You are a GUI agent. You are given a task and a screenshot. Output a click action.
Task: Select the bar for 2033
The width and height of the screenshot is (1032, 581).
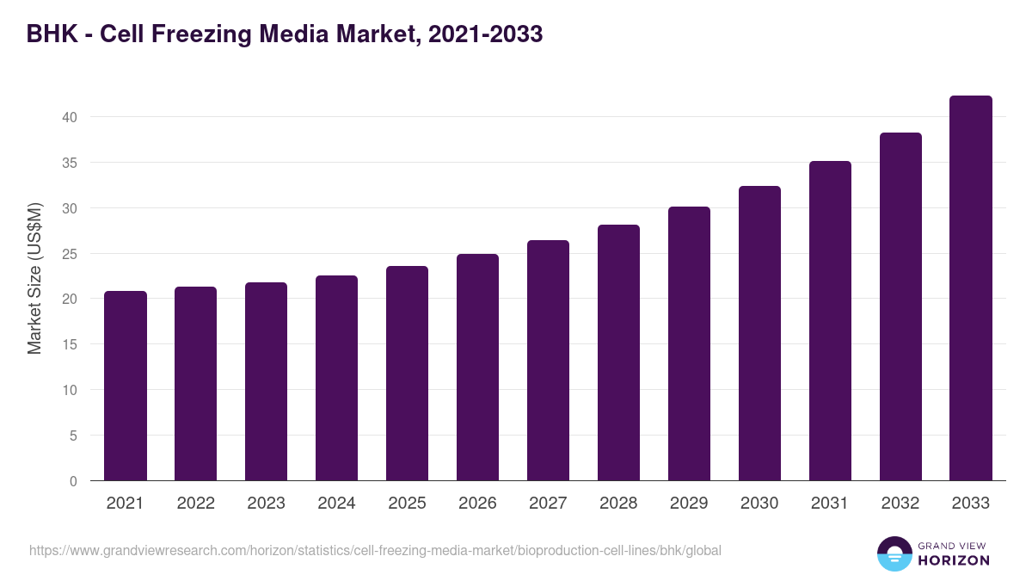pyautogui.click(x=971, y=288)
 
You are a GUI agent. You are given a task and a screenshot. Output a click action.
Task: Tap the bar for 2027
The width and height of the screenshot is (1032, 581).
pyautogui.click(x=548, y=361)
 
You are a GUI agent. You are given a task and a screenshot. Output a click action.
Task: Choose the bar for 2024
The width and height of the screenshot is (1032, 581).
pyautogui.click(x=336, y=378)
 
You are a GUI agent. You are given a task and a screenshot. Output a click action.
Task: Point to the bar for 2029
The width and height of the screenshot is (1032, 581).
pyautogui.click(x=689, y=343)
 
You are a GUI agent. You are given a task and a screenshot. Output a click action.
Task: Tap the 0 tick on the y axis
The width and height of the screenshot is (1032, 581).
pyautogui.click(x=74, y=481)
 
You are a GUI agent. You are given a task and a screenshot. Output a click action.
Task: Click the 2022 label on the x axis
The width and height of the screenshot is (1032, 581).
pyautogui.click(x=196, y=504)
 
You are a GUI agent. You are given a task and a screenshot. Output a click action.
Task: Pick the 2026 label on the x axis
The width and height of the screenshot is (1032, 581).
pyautogui.click(x=477, y=504)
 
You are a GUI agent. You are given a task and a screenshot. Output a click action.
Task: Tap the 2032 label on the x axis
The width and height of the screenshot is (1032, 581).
pyautogui.click(x=900, y=504)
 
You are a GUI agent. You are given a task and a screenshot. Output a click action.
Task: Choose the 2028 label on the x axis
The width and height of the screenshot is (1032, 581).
pyautogui.click(x=618, y=504)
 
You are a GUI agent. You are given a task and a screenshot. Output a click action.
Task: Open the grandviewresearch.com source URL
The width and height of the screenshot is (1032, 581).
pyautogui.click(x=375, y=550)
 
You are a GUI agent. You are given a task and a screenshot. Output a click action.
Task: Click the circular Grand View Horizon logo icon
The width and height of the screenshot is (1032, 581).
pyautogui.click(x=894, y=553)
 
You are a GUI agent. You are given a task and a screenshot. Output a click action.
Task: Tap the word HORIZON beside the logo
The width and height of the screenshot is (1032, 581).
pyautogui.click(x=954, y=560)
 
